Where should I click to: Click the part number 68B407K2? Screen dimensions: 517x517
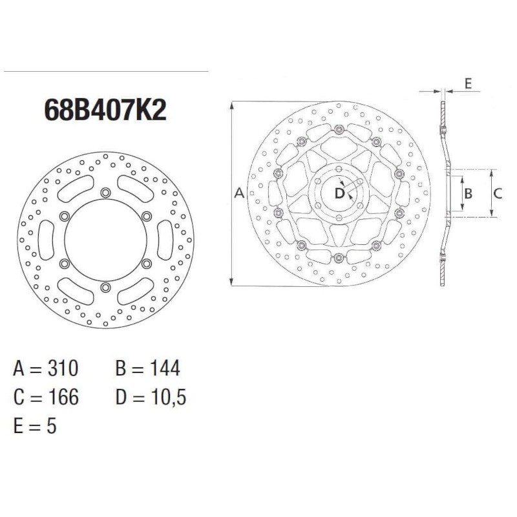(x=105, y=110)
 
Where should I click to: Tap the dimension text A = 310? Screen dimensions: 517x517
(x=46, y=368)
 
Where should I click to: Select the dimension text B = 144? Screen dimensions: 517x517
(x=148, y=368)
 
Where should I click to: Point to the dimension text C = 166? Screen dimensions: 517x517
(x=46, y=397)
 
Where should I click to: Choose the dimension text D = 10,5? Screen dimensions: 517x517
(x=151, y=397)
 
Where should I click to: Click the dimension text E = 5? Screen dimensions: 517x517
(x=35, y=425)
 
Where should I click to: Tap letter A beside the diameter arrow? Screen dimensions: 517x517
(x=239, y=193)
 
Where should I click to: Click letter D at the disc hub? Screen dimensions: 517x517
(x=339, y=193)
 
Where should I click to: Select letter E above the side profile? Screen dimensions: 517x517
(x=468, y=83)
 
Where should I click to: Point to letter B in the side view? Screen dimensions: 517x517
(x=469, y=193)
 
